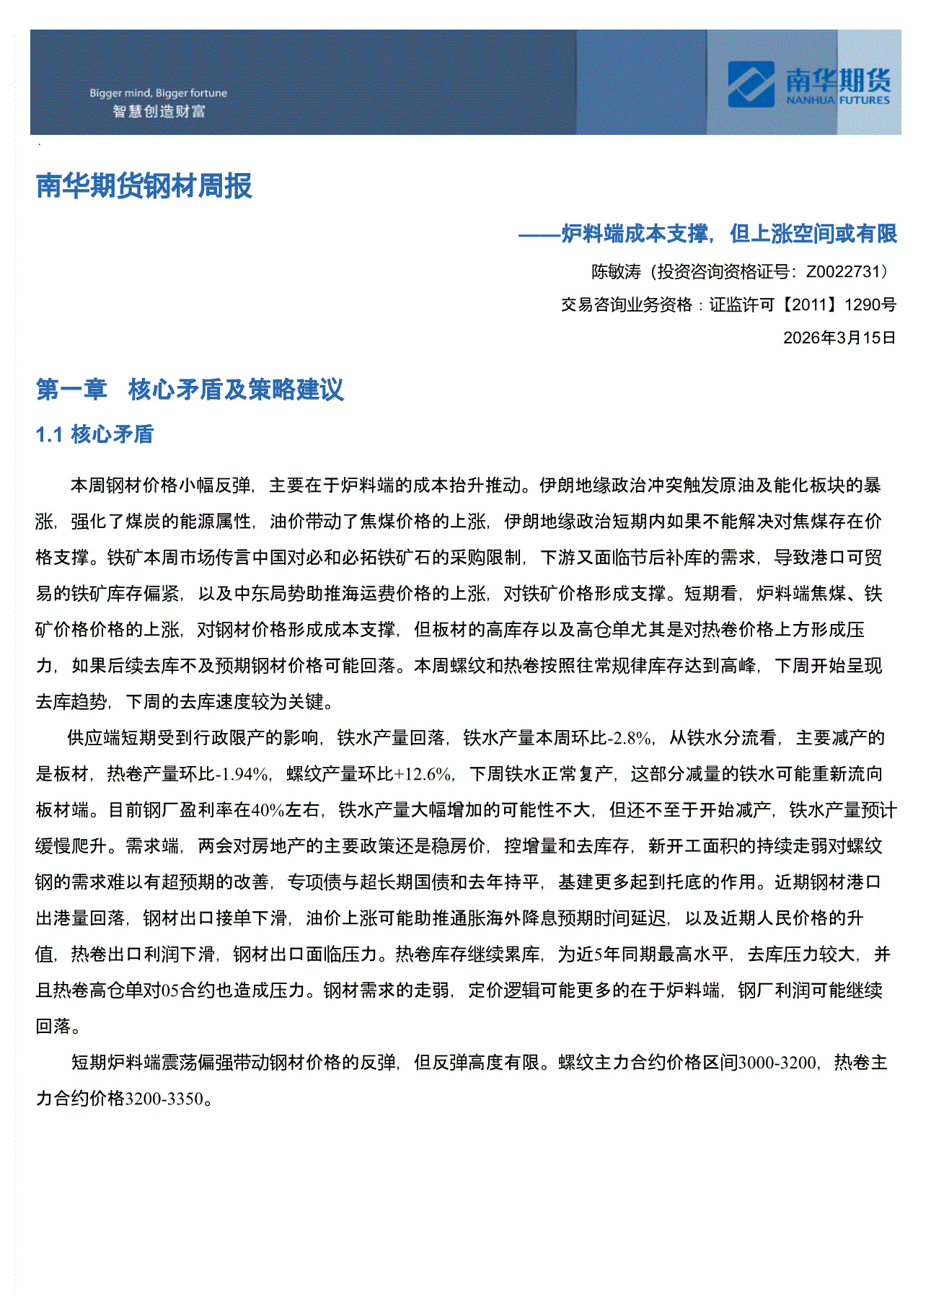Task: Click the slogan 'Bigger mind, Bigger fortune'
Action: pyautogui.click(x=158, y=93)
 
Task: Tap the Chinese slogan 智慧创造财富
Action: pyautogui.click(x=159, y=111)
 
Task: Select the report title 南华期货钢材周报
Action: pyautogui.click(x=144, y=186)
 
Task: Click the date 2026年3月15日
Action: pyautogui.click(x=839, y=338)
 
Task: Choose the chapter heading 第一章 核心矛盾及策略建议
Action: pyautogui.click(x=190, y=390)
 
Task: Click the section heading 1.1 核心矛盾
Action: pyautogui.click(x=94, y=434)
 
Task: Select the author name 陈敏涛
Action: pyautogui.click(x=616, y=272)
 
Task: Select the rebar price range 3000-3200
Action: pyautogui.click(x=777, y=1063)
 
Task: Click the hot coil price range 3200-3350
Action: pyautogui.click(x=164, y=1099)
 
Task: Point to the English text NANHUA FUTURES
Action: pyautogui.click(x=838, y=101)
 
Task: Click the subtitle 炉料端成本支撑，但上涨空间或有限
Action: pyautogui.click(x=728, y=234)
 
